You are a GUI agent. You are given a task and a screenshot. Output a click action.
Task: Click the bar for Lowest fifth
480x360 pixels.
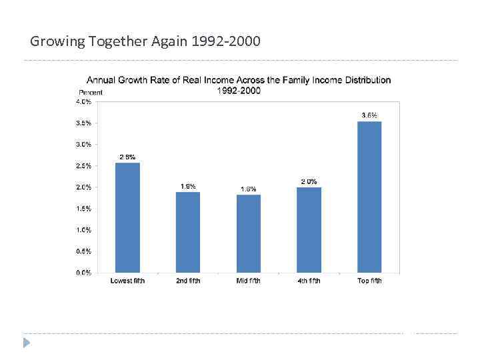127,217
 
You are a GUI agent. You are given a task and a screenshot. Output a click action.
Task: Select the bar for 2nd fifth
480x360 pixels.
188,232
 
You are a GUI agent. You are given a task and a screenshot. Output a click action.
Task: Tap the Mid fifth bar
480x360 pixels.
249,233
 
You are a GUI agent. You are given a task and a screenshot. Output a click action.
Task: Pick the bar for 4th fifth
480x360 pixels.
309,229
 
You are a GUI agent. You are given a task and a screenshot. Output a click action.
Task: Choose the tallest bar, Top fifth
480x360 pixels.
369,197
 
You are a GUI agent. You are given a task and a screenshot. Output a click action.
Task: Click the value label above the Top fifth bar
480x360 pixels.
369,115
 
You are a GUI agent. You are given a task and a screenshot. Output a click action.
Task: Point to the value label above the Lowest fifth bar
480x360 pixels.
127,157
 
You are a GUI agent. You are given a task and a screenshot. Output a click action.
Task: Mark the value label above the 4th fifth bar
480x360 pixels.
309,181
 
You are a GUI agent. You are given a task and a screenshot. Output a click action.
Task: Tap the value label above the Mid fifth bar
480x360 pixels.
249,189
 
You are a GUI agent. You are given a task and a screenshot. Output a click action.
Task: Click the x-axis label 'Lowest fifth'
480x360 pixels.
127,281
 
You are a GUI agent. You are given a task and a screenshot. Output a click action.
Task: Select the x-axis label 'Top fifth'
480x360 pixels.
369,281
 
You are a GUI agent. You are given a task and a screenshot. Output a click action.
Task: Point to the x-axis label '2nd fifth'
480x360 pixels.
188,281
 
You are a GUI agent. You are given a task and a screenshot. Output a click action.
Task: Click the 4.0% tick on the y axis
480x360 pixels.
83,102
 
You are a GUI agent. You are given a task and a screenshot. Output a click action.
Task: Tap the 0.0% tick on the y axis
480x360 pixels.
83,273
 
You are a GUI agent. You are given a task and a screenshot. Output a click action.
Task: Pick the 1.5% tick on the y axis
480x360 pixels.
83,209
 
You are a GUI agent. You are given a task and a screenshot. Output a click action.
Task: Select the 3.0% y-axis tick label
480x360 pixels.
83,145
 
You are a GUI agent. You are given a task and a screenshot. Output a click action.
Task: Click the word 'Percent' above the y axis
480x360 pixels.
91,92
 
